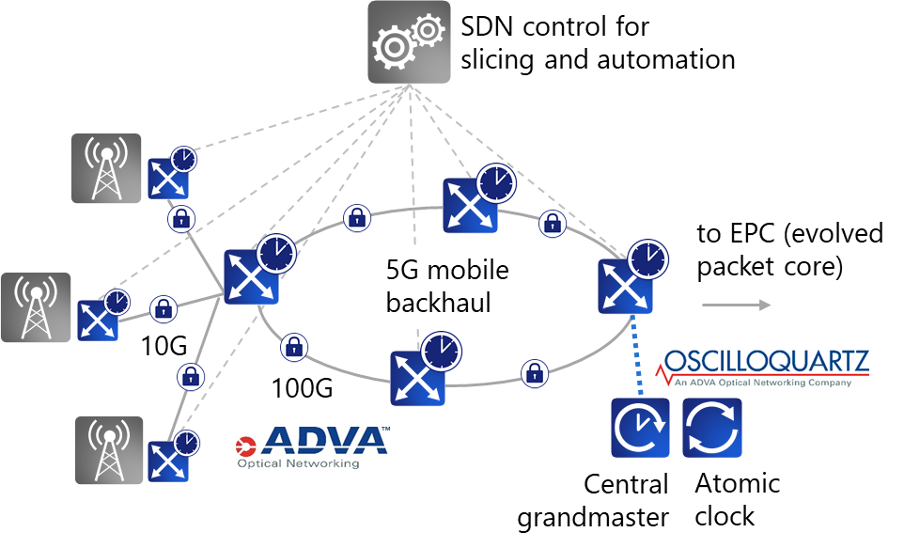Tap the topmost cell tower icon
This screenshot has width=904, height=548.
106,168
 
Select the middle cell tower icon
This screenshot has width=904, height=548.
36,306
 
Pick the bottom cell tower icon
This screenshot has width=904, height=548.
109,450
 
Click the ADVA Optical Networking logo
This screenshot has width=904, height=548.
313,447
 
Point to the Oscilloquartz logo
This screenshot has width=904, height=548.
762,368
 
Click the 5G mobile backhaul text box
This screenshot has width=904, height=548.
461,286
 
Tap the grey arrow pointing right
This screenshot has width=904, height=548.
737,305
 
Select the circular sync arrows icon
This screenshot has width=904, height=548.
712,428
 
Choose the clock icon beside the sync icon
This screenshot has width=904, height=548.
641,428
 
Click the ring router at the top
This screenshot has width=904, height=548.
471,204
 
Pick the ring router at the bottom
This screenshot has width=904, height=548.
418,377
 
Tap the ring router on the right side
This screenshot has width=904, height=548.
625,285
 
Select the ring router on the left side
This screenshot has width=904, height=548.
251,276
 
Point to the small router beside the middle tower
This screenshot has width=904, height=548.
98,320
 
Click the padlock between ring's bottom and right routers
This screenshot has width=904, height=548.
534,372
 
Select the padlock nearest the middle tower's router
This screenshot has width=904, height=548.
164,307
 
